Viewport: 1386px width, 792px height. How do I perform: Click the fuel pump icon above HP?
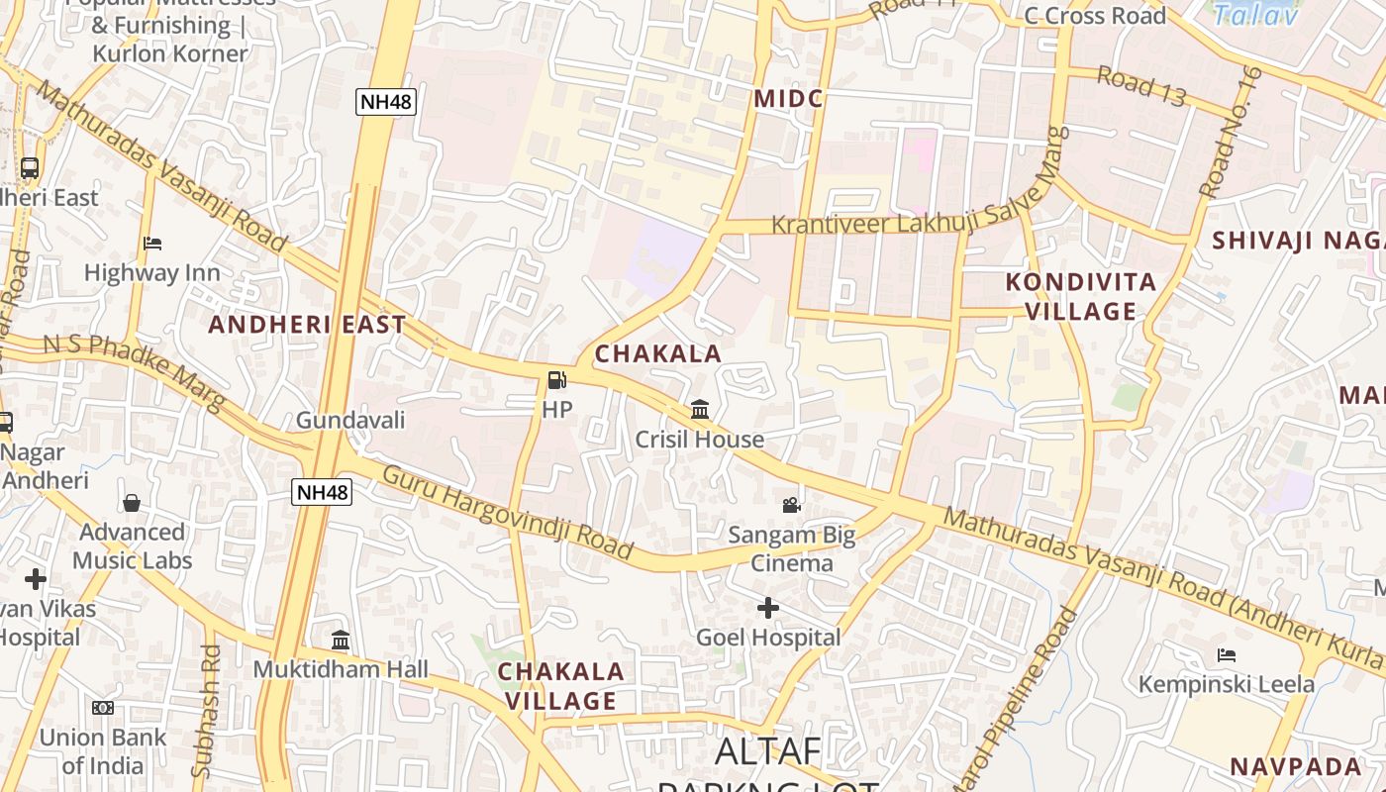coord(557,380)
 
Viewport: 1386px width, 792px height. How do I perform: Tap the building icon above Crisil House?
coord(700,409)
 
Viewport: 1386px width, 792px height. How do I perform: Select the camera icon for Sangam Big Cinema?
coord(791,506)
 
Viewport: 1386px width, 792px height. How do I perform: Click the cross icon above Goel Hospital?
coord(767,607)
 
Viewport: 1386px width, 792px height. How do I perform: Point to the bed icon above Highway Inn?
coord(151,243)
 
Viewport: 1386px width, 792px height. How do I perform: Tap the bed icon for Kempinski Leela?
coord(1226,654)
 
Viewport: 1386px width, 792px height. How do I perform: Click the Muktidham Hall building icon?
coord(341,640)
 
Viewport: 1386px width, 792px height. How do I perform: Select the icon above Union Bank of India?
coord(103,708)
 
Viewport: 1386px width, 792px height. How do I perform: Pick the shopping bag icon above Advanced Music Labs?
coord(132,503)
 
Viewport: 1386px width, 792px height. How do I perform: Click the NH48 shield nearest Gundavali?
coord(322,492)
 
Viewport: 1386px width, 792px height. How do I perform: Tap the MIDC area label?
coord(788,99)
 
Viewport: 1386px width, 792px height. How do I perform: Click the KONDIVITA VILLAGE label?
coord(1081,296)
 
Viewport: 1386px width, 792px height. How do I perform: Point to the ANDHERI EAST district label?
coord(307,324)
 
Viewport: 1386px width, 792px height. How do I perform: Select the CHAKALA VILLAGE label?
coord(560,686)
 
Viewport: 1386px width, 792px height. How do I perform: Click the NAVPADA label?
coord(1296,766)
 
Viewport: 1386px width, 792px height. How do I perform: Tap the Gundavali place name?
coord(350,420)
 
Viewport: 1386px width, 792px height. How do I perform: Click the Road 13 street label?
coord(1140,87)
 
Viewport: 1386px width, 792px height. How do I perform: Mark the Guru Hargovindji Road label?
coord(507,511)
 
